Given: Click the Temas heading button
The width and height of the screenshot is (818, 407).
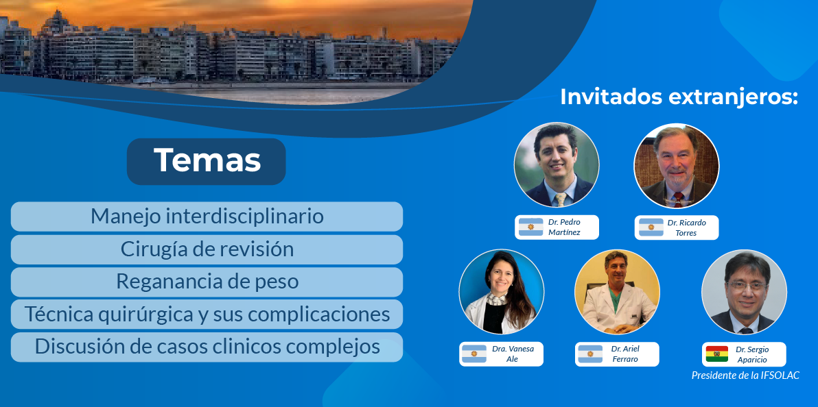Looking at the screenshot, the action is (206, 161).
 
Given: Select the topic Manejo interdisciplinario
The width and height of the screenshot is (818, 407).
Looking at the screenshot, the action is (207, 217).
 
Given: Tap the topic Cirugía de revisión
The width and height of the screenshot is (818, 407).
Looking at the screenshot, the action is (207, 249).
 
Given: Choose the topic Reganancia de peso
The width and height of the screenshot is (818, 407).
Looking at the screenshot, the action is (207, 282).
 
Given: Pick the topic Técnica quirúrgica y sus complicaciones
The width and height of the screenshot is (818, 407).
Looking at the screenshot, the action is (207, 314).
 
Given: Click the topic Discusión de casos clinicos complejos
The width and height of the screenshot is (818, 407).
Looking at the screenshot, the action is (207, 347).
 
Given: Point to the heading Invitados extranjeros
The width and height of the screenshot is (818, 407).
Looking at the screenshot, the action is (679, 97).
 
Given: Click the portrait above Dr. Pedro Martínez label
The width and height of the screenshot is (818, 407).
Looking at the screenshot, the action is (557, 164).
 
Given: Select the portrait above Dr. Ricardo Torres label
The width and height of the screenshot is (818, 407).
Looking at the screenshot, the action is (676, 166).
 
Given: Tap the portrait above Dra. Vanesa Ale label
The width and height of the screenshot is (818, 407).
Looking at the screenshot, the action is (502, 292).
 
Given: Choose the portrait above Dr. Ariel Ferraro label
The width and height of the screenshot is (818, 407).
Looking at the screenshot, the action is (617, 292).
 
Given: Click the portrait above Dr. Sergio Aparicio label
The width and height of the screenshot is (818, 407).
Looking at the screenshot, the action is (744, 292).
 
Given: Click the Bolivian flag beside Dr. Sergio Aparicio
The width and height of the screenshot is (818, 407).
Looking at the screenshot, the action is (717, 354).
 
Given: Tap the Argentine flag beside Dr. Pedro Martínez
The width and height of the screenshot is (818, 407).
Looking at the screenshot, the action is (530, 227).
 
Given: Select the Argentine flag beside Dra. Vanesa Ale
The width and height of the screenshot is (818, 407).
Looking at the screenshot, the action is (474, 354).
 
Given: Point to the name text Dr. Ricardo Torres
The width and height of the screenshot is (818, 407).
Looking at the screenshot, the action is (686, 227).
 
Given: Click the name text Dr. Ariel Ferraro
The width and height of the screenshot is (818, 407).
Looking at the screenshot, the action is (625, 354).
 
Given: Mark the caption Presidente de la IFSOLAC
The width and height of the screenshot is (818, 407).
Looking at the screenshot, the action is (745, 375).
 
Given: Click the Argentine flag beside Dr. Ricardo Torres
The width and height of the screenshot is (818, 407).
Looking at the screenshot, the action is (651, 227).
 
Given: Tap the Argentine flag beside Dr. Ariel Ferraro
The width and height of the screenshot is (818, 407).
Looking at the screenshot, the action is (590, 354).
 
